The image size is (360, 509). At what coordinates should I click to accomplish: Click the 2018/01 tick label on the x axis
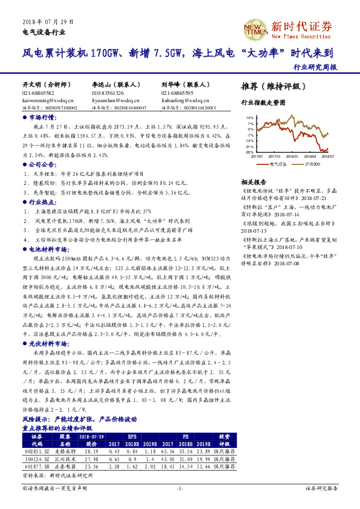tap(293, 155)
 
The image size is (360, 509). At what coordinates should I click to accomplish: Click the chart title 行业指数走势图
tap(263, 103)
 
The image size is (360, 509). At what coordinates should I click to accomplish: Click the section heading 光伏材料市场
tap(45, 343)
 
